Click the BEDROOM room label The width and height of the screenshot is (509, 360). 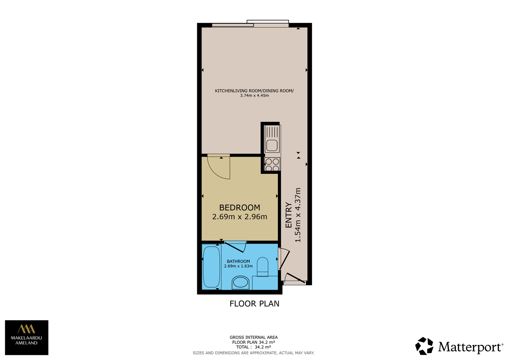pos(240,208)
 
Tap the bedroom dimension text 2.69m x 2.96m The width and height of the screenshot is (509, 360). pos(240,217)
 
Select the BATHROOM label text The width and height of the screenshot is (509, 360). pos(238,262)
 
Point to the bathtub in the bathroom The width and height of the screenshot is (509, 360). pos(212,267)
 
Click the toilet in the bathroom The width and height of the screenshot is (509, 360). pos(262,267)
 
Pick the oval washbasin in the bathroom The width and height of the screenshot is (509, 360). pos(241,283)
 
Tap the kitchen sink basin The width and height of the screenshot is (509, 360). pos(272,145)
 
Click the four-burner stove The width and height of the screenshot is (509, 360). pos(272,165)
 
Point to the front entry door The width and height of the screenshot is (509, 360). pos(295,278)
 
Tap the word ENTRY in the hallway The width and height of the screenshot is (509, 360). pos(289,215)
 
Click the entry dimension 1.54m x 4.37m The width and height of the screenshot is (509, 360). pos(298,215)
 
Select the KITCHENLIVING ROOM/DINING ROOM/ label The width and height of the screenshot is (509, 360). pos(254,91)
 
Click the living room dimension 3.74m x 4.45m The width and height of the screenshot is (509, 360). pos(254,95)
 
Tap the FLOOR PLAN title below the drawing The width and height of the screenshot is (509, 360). pos(254,304)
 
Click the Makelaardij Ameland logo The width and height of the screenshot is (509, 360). pos(27,338)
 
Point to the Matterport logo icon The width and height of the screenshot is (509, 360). pos(424,346)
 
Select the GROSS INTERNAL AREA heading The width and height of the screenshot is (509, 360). pos(254,337)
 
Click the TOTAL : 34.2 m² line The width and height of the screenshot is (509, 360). pos(254,347)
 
